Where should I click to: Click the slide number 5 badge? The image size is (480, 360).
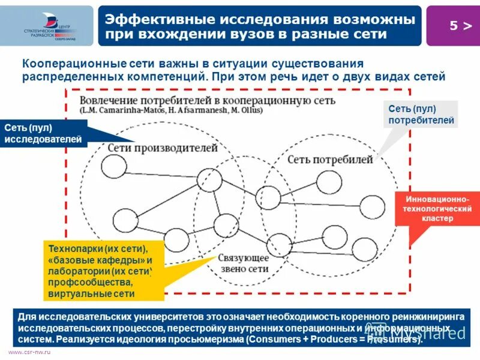[452, 26]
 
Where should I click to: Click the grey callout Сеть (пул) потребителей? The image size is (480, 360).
[420, 115]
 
